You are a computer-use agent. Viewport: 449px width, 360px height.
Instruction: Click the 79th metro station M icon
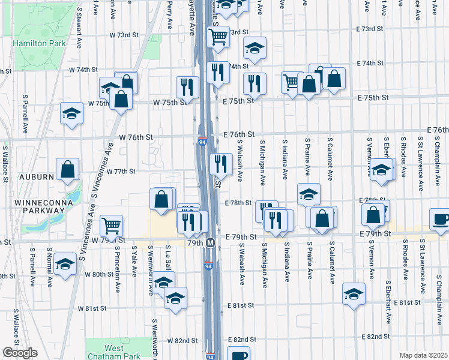click(x=211, y=243)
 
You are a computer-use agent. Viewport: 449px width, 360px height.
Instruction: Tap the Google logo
click(x=20, y=353)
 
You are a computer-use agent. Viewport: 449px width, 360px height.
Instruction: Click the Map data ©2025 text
click(x=423, y=355)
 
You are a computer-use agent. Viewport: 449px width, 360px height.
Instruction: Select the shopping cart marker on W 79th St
click(x=112, y=226)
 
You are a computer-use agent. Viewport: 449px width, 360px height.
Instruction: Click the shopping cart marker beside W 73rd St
click(x=218, y=37)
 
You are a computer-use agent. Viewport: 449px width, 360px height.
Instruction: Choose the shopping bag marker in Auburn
click(x=67, y=170)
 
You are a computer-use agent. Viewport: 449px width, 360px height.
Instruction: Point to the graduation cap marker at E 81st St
click(x=354, y=294)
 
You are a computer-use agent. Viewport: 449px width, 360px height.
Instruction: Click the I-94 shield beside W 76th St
click(x=202, y=142)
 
